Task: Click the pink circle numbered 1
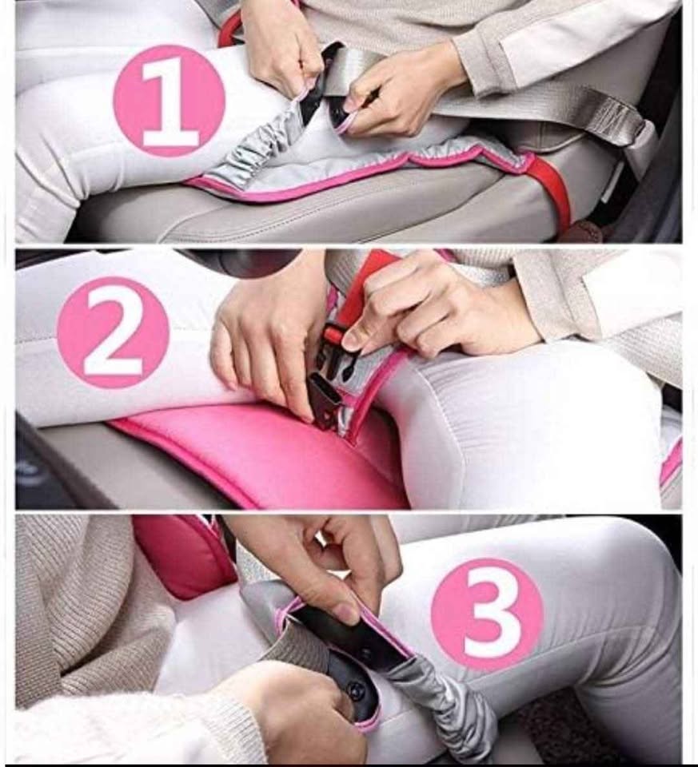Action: tap(169, 101)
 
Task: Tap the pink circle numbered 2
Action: tap(113, 332)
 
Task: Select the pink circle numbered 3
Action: tap(487, 615)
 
